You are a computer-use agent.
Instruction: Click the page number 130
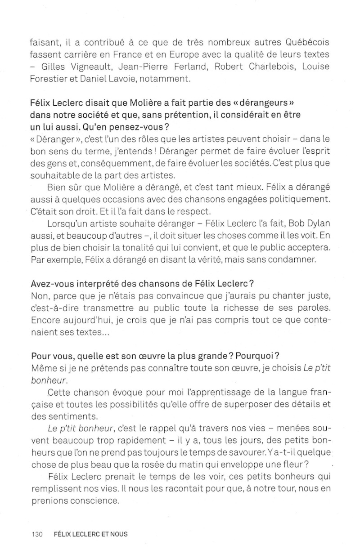pyautogui.click(x=36, y=535)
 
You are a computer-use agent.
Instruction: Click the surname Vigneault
pyautogui.click(x=88, y=67)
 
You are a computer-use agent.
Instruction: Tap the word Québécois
pyautogui.click(x=308, y=43)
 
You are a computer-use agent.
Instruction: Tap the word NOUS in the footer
pyautogui.click(x=117, y=535)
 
